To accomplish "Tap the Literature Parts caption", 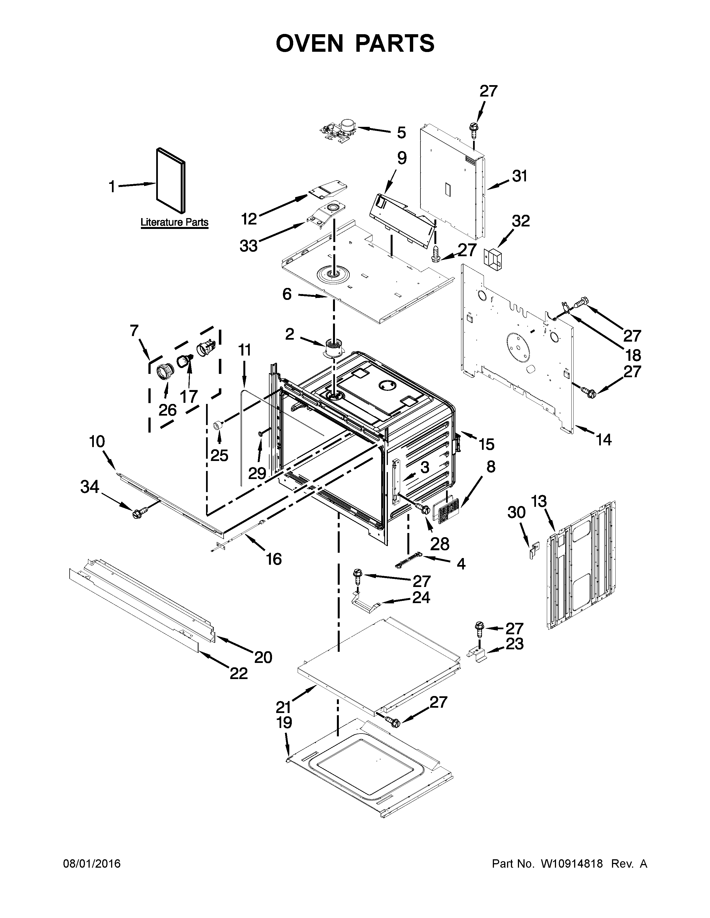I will click(x=174, y=222).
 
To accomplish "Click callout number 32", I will click(x=521, y=221).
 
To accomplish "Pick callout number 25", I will click(x=219, y=455).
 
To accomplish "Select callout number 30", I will click(x=516, y=512).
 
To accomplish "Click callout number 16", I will click(x=273, y=559).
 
